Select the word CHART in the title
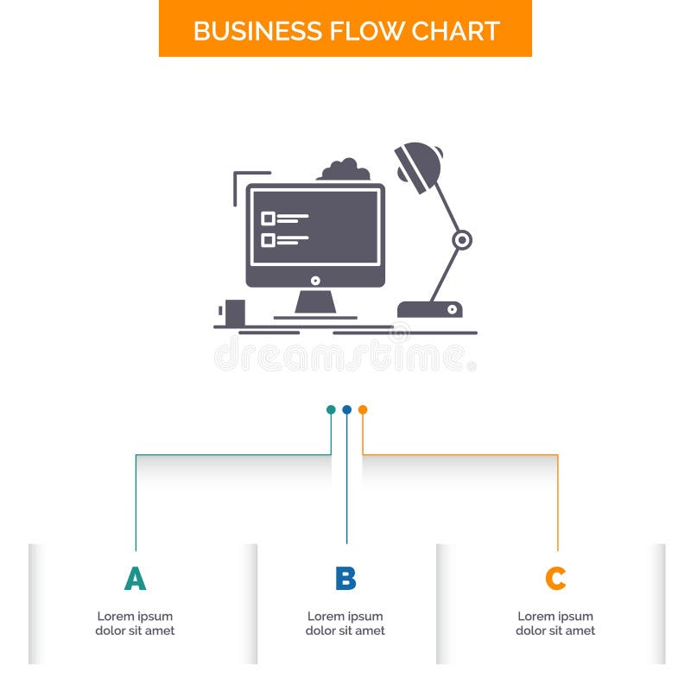tap(454, 30)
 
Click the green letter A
tap(135, 579)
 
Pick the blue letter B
tap(345, 579)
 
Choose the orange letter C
tap(555, 579)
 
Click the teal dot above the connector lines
tap(331, 409)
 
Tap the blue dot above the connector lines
tap(346, 409)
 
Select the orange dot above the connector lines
tap(363, 409)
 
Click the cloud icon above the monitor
tap(345, 169)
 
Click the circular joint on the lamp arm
tap(462, 239)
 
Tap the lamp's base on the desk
tap(429, 308)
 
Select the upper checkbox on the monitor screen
tap(268, 219)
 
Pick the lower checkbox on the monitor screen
tap(268, 240)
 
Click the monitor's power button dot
tap(315, 280)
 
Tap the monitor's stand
tap(315, 302)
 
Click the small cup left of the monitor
tap(234, 312)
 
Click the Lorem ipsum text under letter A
tap(135, 624)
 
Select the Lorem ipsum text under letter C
tap(555, 624)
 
